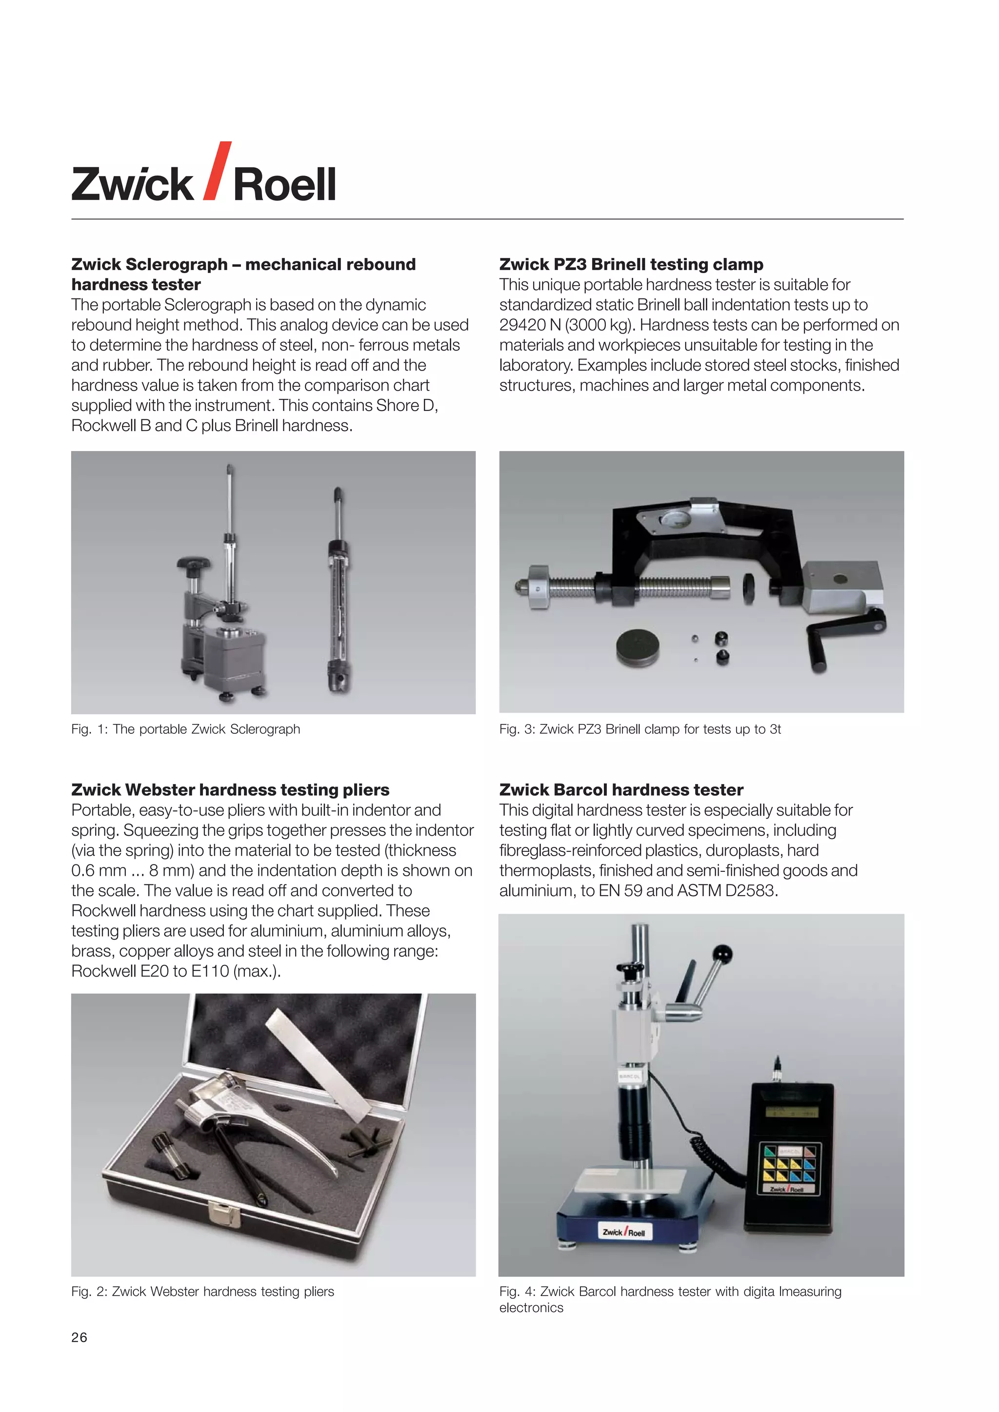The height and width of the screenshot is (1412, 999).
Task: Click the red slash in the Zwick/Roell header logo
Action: click(217, 171)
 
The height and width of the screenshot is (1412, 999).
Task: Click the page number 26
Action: click(80, 1337)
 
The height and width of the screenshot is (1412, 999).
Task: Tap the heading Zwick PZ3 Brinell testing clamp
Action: click(631, 264)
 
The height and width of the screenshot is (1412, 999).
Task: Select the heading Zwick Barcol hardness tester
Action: click(621, 790)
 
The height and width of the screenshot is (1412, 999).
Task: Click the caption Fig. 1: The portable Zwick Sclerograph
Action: click(186, 729)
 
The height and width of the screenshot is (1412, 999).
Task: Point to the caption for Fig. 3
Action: click(640, 729)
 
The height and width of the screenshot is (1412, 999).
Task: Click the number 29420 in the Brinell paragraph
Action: click(521, 325)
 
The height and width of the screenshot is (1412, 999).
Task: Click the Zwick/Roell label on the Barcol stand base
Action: click(623, 1232)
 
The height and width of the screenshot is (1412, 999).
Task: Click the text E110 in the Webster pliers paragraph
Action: click(209, 971)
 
